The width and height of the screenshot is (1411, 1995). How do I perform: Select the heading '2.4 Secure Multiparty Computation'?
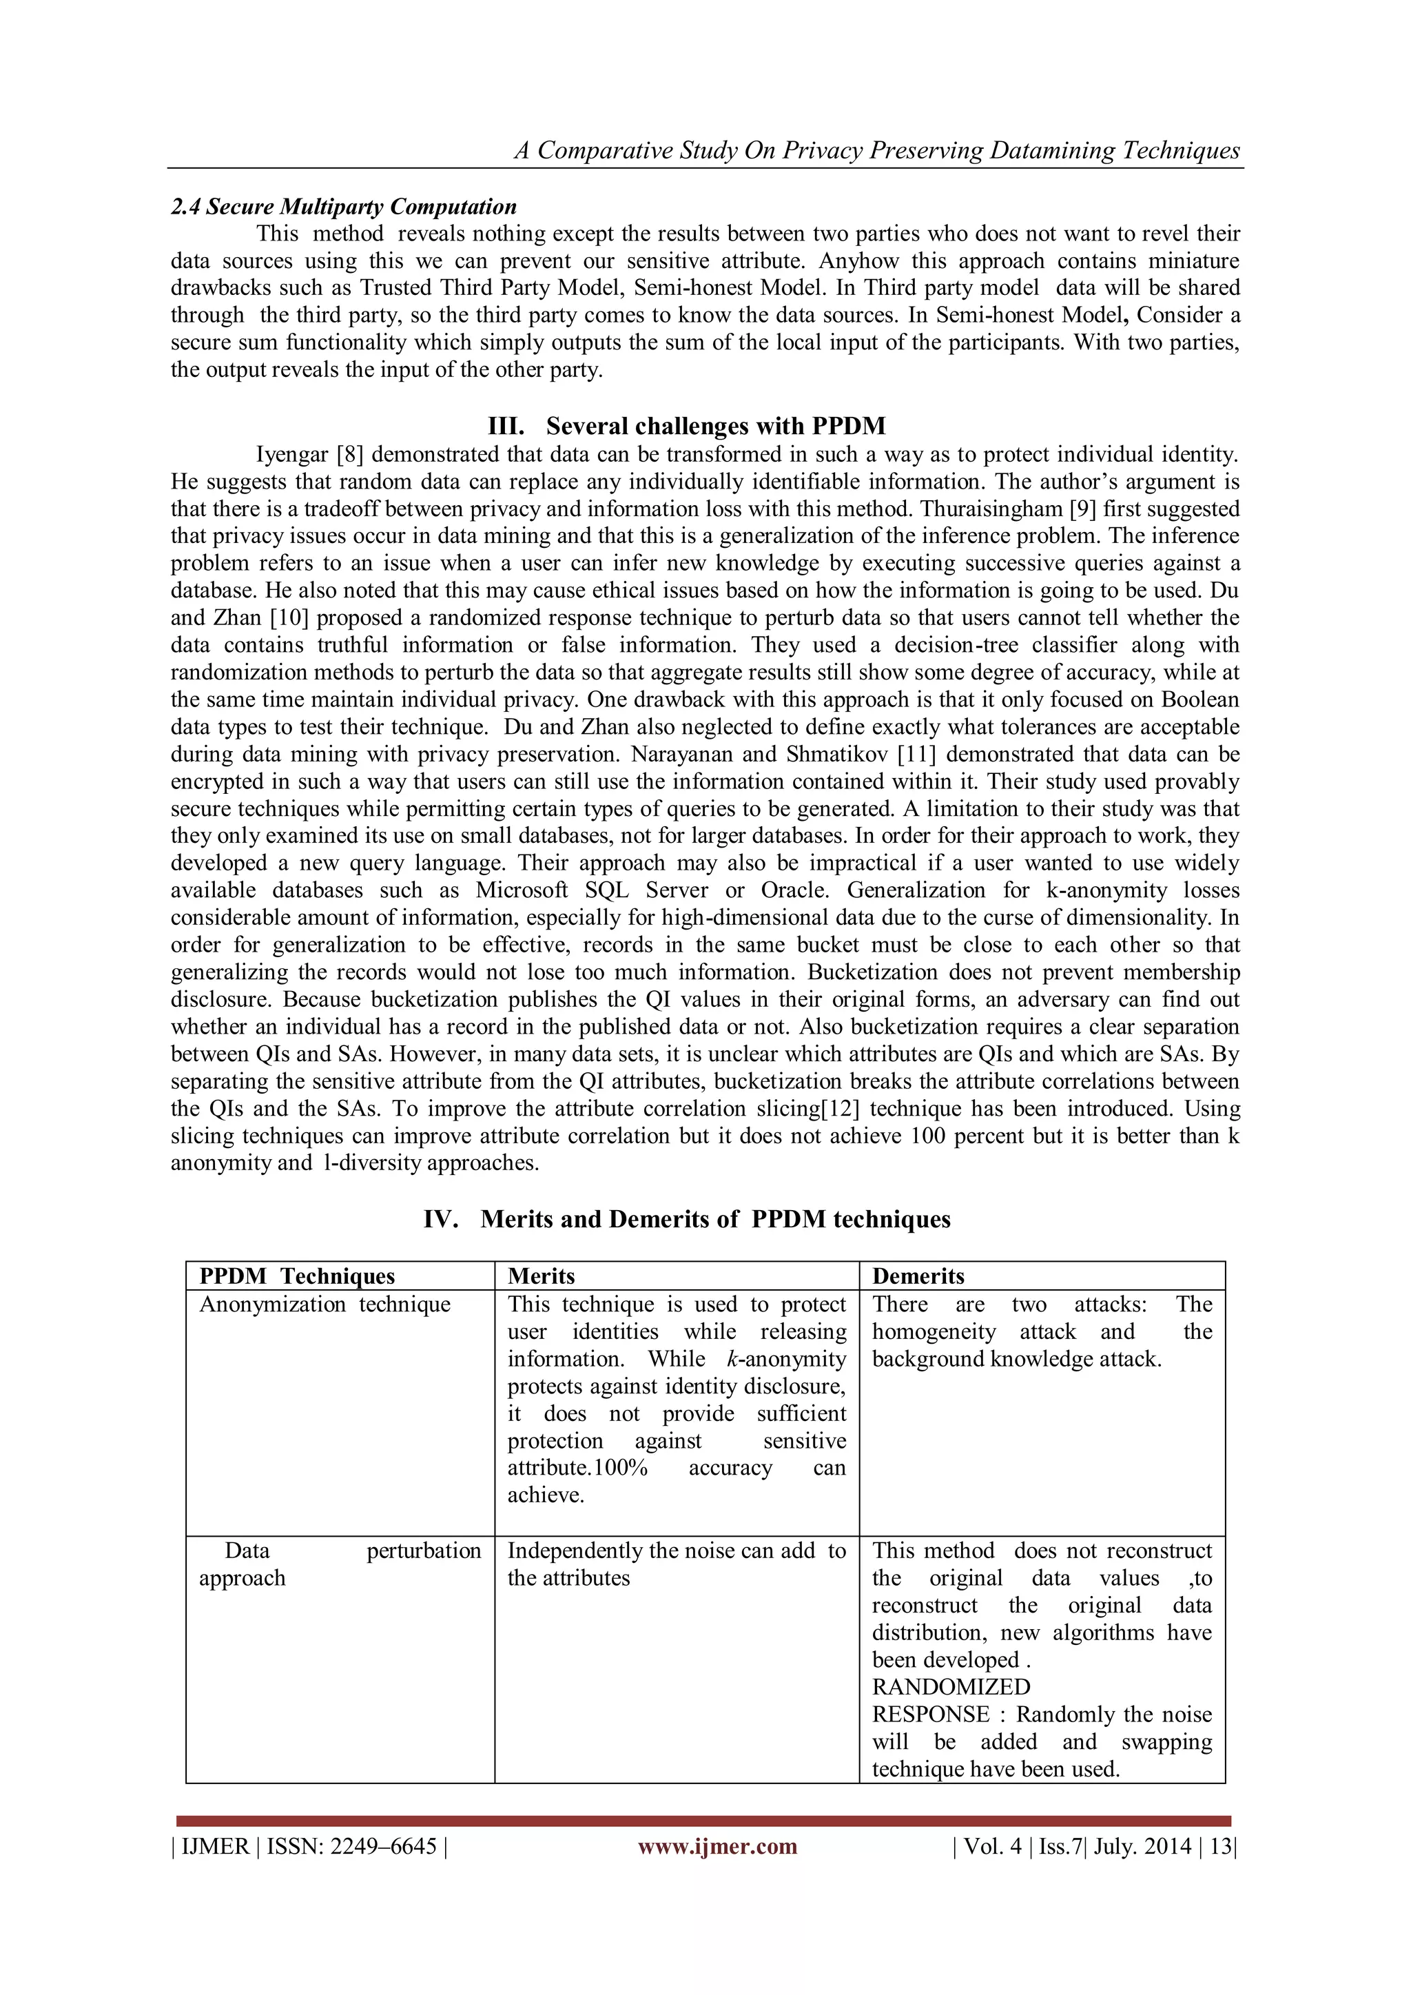[344, 207]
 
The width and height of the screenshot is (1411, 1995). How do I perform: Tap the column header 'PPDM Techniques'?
[297, 1276]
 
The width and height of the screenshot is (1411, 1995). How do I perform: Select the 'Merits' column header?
[542, 1276]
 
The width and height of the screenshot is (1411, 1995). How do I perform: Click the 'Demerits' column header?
[918, 1276]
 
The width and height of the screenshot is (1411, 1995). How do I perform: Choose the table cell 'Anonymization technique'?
[325, 1305]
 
